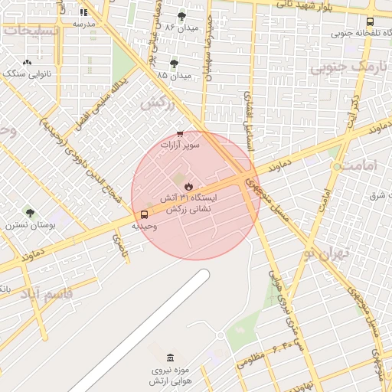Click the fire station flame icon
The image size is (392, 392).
tap(188, 187)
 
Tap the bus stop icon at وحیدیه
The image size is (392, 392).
tap(145, 214)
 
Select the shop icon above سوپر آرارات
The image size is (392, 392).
tap(180, 133)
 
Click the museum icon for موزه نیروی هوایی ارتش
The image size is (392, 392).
tap(170, 358)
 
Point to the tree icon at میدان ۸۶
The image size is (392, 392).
tap(181, 16)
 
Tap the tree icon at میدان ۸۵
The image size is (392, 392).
tap(174, 64)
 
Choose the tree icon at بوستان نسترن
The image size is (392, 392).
tap(30, 213)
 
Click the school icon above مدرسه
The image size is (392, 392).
tap(83, 12)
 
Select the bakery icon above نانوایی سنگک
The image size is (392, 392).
tap(28, 63)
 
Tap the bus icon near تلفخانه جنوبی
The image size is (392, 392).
tap(371, 22)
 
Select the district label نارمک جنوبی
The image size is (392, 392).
tap(344, 67)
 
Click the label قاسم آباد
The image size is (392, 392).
tap(46, 293)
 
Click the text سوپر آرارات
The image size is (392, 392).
tap(180, 144)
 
